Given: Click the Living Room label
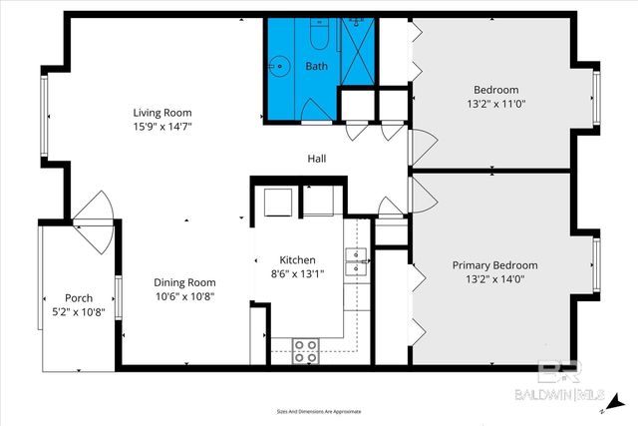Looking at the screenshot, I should tap(162, 113).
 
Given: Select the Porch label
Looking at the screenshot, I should tap(79, 298).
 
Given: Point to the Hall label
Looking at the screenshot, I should tap(316, 159).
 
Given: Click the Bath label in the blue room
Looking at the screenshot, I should tap(315, 67).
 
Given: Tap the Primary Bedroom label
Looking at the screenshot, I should tap(494, 265).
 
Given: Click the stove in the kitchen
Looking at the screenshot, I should tap(305, 349).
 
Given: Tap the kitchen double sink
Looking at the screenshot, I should tap(356, 262).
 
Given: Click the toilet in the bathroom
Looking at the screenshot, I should tap(320, 37).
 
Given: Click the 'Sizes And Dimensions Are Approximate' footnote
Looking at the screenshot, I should tap(318, 411).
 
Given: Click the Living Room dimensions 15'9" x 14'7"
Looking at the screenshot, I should tap(162, 127).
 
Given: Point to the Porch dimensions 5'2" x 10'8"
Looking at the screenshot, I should tap(79, 312).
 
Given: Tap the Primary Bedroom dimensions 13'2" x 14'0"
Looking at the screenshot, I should tap(494, 279).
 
